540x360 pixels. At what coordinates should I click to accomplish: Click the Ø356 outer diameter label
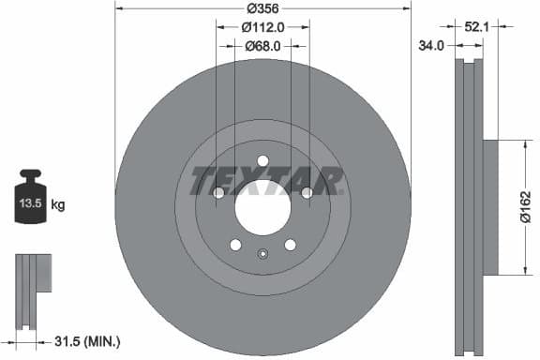click(x=262, y=8)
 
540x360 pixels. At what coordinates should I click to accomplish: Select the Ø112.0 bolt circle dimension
click(x=263, y=27)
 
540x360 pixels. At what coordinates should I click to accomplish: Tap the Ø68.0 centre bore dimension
click(x=263, y=45)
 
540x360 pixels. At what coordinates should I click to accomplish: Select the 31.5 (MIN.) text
click(x=88, y=340)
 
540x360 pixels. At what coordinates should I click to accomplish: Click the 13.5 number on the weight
click(x=30, y=202)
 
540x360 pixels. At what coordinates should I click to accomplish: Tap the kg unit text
click(x=58, y=203)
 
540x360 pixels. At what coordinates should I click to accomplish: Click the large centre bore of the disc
click(x=262, y=207)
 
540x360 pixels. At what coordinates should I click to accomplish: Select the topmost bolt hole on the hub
click(x=262, y=160)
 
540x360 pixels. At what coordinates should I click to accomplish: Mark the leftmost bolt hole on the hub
click(x=218, y=192)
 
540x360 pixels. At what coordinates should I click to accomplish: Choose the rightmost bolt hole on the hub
click(x=307, y=192)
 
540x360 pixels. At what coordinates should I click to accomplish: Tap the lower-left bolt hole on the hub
click(x=235, y=245)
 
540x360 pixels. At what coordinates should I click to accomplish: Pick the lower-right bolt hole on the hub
click(x=290, y=245)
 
